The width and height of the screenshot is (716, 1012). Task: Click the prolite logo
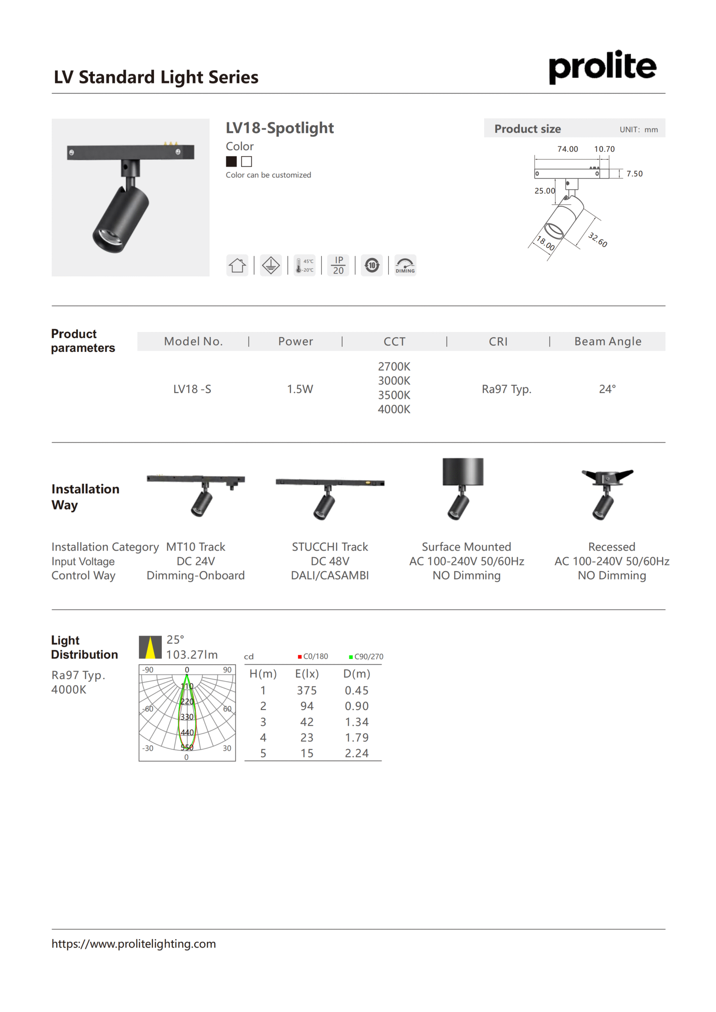pyautogui.click(x=602, y=66)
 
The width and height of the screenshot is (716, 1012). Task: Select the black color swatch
pyautogui.click(x=231, y=162)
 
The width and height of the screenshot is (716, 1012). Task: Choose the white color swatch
pyautogui.click(x=246, y=162)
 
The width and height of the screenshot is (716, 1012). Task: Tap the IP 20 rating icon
pyautogui.click(x=338, y=265)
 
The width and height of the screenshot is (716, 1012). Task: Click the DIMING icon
pyautogui.click(x=405, y=265)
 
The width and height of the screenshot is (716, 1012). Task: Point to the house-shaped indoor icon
pyautogui.click(x=237, y=265)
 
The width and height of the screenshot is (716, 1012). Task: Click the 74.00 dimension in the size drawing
pyautogui.click(x=567, y=149)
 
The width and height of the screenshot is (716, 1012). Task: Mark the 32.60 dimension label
pyautogui.click(x=598, y=240)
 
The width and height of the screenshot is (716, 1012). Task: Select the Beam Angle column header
pyautogui.click(x=608, y=342)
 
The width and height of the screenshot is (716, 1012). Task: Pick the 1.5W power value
pyautogui.click(x=300, y=389)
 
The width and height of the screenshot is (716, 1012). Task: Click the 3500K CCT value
pyautogui.click(x=394, y=395)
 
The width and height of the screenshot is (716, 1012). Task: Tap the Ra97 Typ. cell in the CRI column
pyautogui.click(x=506, y=389)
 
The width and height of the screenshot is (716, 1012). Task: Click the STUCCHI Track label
pyautogui.click(x=330, y=547)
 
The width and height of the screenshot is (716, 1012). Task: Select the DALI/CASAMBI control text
pyautogui.click(x=330, y=576)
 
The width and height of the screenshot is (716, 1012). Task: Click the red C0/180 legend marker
pyautogui.click(x=300, y=657)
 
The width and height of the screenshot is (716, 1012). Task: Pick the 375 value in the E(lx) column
pyautogui.click(x=307, y=690)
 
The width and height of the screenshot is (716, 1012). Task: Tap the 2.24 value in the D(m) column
pyautogui.click(x=356, y=753)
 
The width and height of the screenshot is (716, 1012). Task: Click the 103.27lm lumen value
pyautogui.click(x=192, y=655)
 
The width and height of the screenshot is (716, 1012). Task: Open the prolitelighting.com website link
pyautogui.click(x=134, y=944)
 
